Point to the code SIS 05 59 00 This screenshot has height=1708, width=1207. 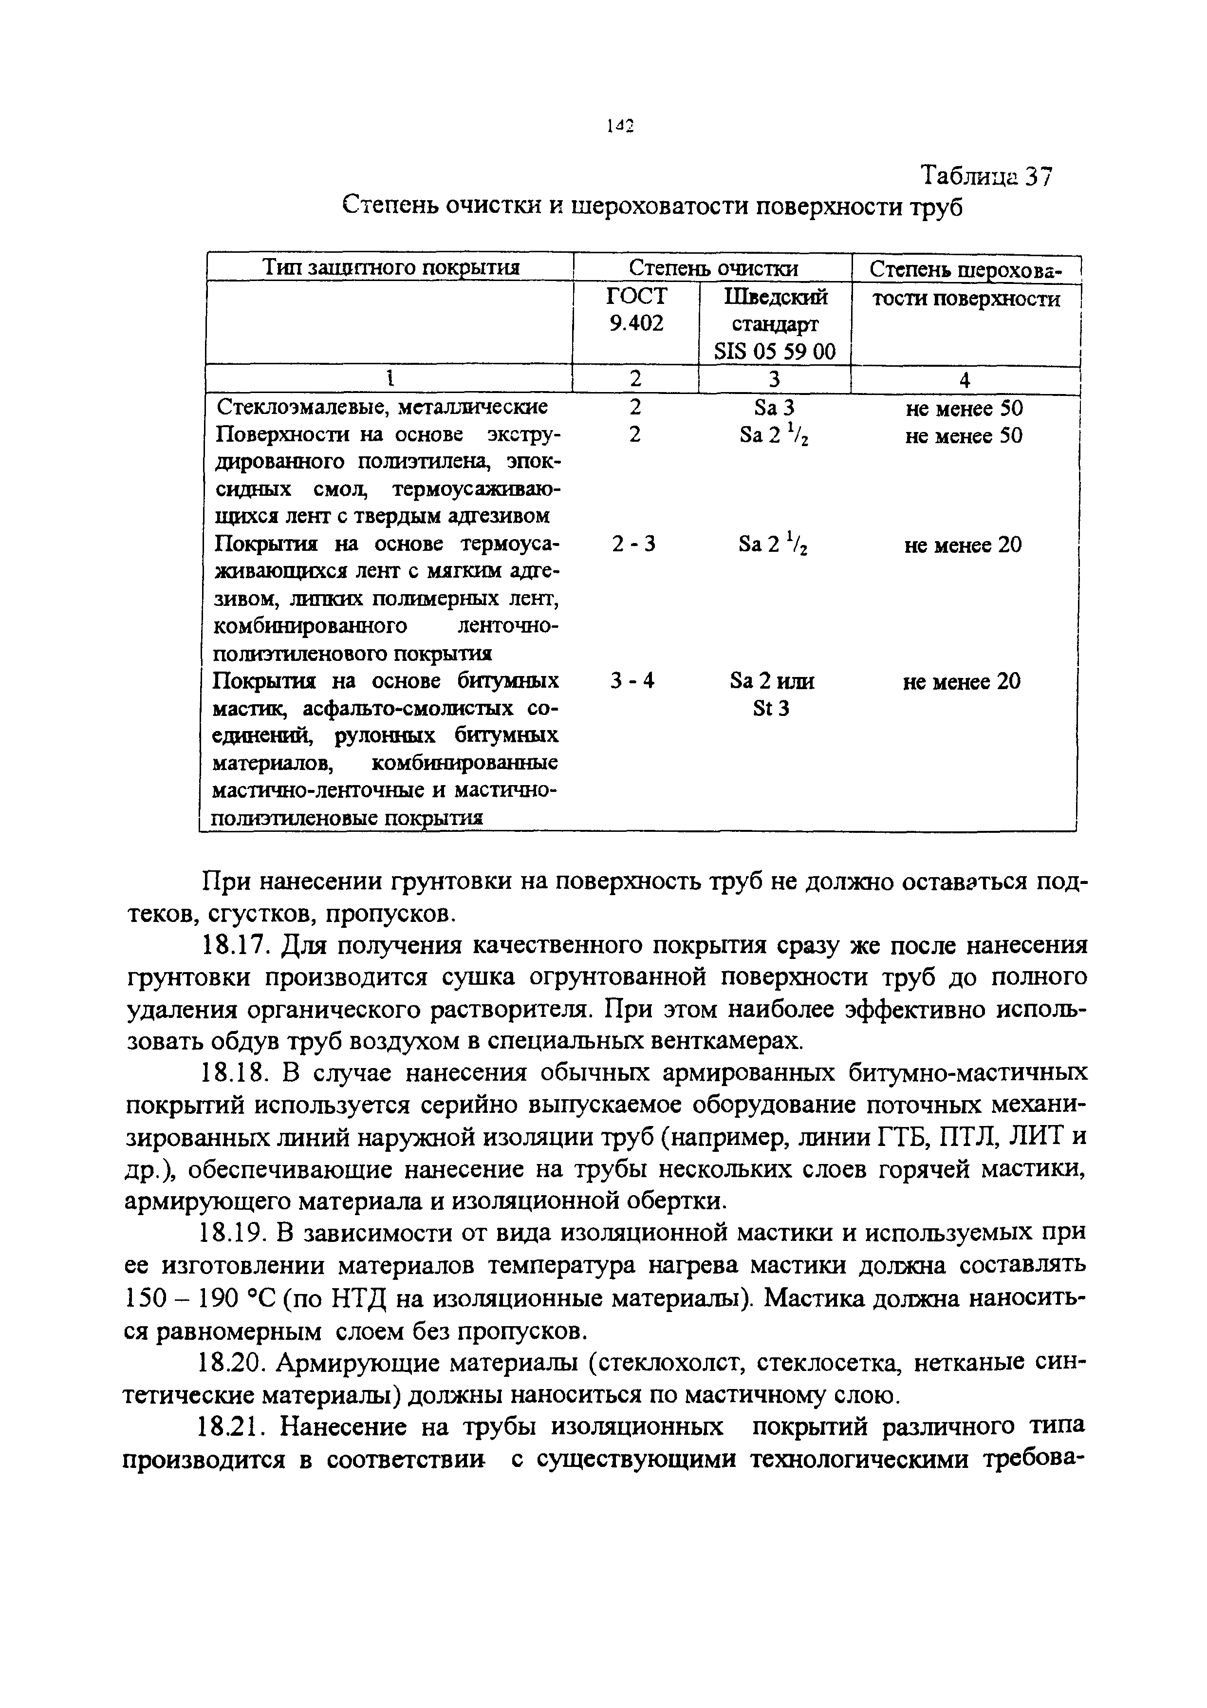click(774, 351)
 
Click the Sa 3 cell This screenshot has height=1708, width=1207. click(774, 408)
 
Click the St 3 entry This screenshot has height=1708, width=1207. click(771, 708)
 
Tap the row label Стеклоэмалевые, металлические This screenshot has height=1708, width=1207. click(382, 408)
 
